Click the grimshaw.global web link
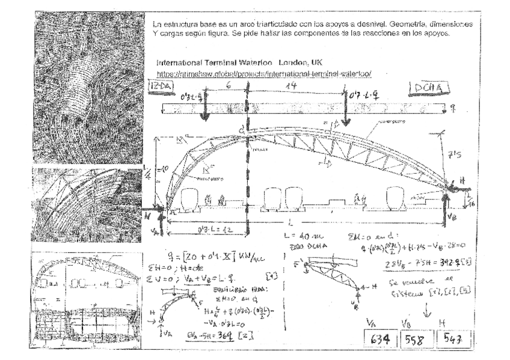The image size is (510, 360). [265, 73]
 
